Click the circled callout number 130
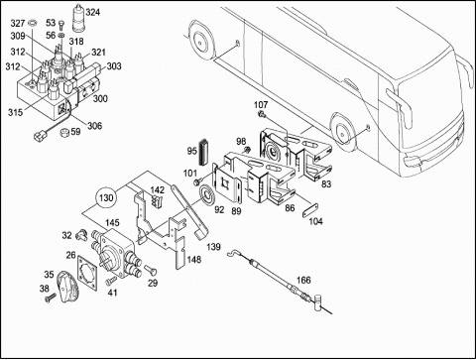click(x=106, y=198)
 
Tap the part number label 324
click(x=92, y=13)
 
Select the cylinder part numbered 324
click(x=78, y=18)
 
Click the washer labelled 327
click(x=33, y=24)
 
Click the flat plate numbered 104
click(x=310, y=210)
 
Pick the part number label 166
click(x=303, y=280)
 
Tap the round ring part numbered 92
click(x=207, y=197)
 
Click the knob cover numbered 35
click(x=68, y=286)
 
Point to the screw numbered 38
click(x=51, y=298)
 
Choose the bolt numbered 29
click(x=150, y=270)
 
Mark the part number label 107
click(x=261, y=105)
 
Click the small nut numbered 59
click(x=64, y=133)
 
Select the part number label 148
click(x=194, y=260)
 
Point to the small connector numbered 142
click(x=156, y=201)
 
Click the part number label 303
click(x=114, y=66)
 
